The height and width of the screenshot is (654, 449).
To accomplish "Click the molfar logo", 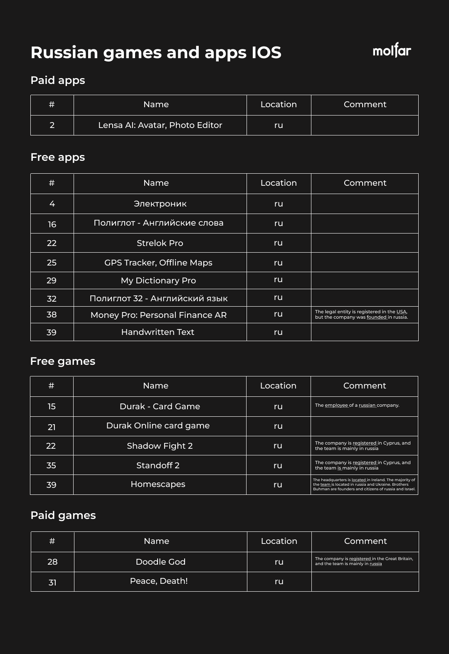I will (392, 51).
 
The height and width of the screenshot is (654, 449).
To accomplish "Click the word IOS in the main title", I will (266, 53).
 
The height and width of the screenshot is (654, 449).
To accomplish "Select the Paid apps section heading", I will (58, 80).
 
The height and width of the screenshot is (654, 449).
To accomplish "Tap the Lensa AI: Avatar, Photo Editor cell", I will (160, 125).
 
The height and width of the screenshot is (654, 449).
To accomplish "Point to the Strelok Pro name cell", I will (160, 243).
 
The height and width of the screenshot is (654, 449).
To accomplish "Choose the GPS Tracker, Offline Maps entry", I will (158, 263).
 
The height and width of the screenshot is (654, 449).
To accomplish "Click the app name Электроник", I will (160, 204).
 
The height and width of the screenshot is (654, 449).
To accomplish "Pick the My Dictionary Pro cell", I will (158, 280).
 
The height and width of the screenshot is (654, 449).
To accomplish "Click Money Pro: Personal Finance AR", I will (158, 315).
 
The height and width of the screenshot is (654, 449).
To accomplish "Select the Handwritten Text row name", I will (158, 332).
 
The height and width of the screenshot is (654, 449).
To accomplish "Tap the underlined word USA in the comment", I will (401, 312).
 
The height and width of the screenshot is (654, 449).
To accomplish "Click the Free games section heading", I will (63, 361).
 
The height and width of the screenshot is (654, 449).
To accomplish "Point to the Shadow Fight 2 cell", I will (160, 446).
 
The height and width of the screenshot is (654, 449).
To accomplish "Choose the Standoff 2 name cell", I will (158, 465).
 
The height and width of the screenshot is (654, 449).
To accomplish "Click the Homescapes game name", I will (158, 484).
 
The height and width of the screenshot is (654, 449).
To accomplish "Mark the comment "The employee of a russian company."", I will (357, 405).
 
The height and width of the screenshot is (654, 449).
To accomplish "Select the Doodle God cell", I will (160, 562).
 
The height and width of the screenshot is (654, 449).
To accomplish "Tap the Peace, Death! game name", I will (159, 581).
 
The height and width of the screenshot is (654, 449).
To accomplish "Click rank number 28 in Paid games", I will (52, 562).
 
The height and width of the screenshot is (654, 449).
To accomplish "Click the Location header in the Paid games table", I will (279, 541).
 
